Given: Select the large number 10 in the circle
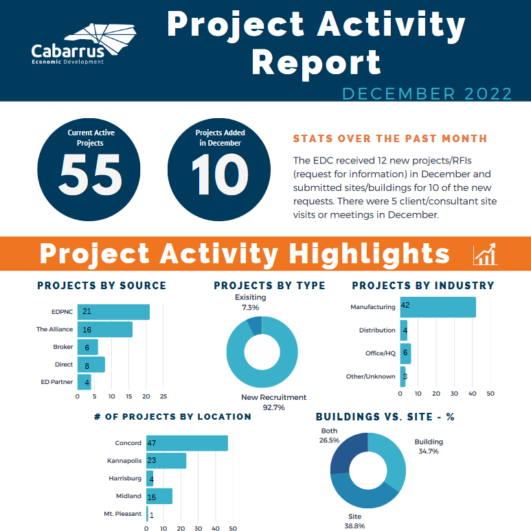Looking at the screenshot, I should pyautogui.click(x=218, y=174).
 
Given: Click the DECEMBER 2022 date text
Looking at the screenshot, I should pyautogui.click(x=427, y=93).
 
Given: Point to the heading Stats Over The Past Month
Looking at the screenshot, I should pyautogui.click(x=390, y=139).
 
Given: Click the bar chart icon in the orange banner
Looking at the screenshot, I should pyautogui.click(x=485, y=254).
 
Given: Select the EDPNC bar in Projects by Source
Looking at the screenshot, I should pyautogui.click(x=113, y=312).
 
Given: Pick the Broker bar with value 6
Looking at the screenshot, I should pyautogui.click(x=88, y=347).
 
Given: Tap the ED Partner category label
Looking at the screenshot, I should pyautogui.click(x=58, y=382).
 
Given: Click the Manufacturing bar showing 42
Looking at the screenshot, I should pyautogui.click(x=438, y=307).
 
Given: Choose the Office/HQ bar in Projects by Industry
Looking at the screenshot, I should pyautogui.click(x=405, y=353).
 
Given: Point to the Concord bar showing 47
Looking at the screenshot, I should pyautogui.click(x=187, y=443).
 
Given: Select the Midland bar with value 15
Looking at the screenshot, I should pyautogui.click(x=159, y=496).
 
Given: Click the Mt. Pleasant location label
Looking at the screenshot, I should pyautogui.click(x=122, y=514).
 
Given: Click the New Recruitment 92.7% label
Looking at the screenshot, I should pyautogui.click(x=273, y=402).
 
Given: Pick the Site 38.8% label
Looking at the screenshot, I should pyautogui.click(x=354, y=520).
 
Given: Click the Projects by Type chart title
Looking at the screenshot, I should pyautogui.click(x=269, y=286).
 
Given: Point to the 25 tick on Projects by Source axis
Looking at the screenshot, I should pyautogui.click(x=163, y=396).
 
